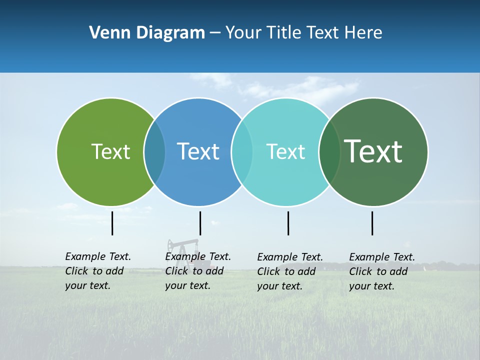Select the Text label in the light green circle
(110, 151)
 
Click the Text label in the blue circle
(198, 151)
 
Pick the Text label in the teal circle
(285, 151)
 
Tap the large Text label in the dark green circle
(373, 151)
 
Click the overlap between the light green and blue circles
(154, 151)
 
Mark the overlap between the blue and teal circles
(242, 151)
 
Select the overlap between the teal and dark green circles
(329, 151)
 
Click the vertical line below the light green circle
(112, 223)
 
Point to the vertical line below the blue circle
(200, 223)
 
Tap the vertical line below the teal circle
(288, 223)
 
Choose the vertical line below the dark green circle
(372, 223)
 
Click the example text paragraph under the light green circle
(98, 271)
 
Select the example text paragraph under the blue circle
(198, 271)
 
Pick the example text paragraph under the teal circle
(290, 271)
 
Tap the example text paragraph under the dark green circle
(382, 271)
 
